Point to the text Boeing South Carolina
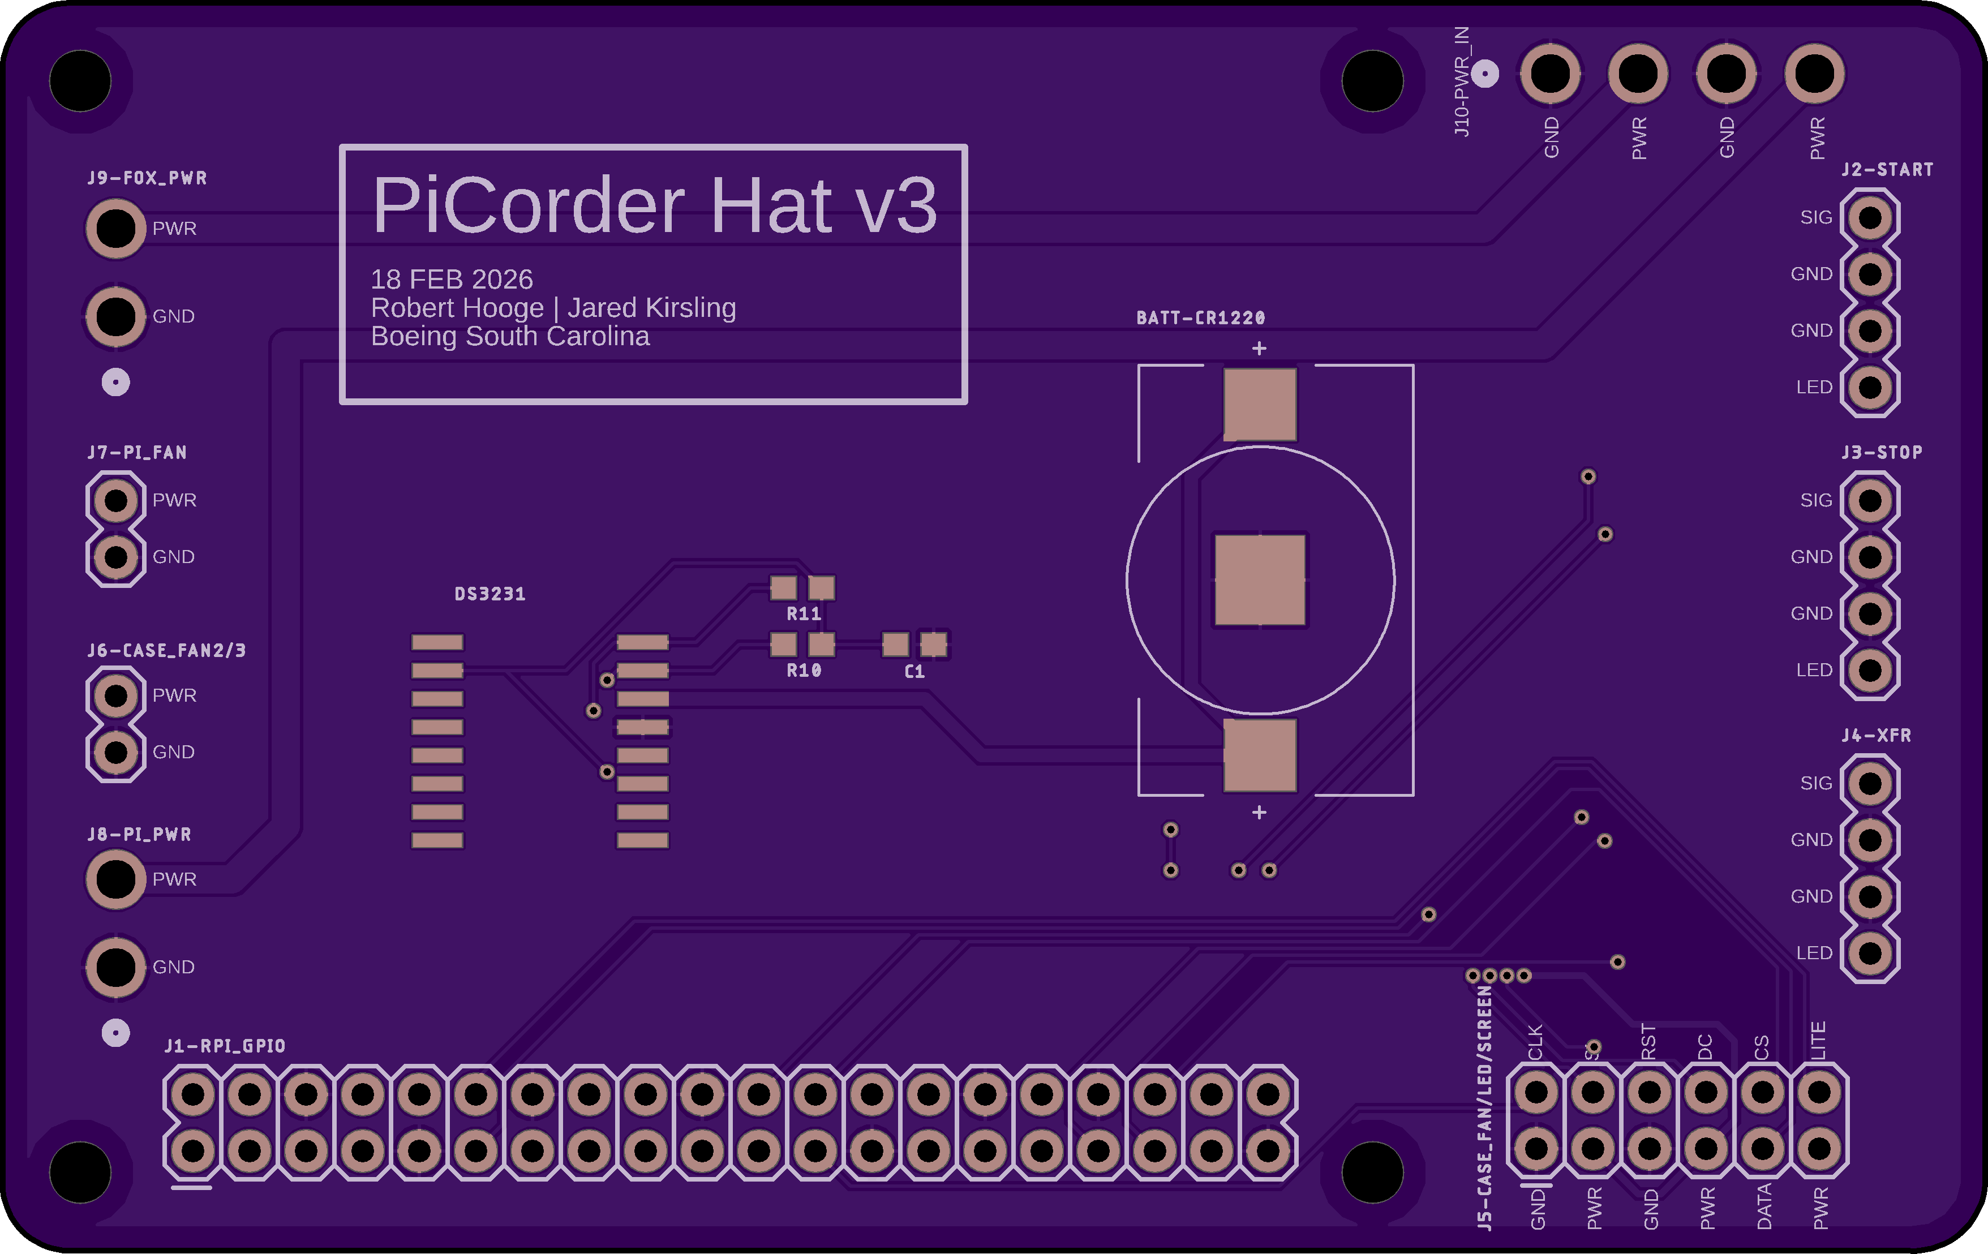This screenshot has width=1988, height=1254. [510, 336]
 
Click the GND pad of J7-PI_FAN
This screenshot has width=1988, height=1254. [115, 557]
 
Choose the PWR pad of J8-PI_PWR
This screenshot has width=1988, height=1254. [115, 879]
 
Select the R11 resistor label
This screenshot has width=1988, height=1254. [803, 613]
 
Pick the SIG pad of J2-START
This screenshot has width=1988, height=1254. [1870, 218]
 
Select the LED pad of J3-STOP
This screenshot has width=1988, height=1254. [1870, 671]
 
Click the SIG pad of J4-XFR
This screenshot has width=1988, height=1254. [1870, 783]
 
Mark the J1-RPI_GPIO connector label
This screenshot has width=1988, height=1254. [225, 1046]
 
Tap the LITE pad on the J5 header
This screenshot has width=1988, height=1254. [1819, 1092]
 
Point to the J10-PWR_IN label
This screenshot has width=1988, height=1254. [1461, 81]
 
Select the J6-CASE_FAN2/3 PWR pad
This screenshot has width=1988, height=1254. [115, 696]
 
